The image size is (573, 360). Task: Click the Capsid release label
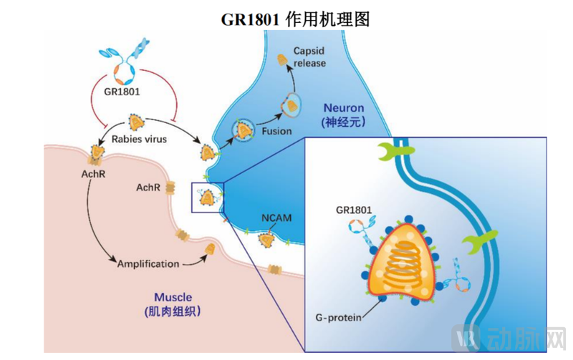click(x=309, y=57)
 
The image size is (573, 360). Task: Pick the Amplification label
click(x=148, y=263)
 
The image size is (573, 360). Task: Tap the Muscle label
click(x=173, y=296)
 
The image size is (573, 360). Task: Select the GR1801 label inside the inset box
click(x=353, y=210)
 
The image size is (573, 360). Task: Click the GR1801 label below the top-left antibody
click(x=122, y=92)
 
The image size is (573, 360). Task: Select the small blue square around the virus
click(x=208, y=197)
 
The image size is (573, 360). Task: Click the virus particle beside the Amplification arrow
click(x=211, y=250)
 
